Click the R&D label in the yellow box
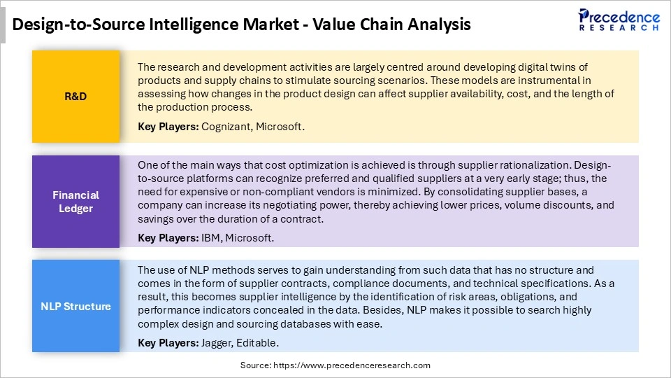click(75, 97)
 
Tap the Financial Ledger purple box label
click(75, 202)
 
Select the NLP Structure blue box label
click(75, 306)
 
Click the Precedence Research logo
click(619, 21)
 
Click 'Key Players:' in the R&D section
click(168, 127)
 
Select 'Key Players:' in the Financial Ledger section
click(168, 238)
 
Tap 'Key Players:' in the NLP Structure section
click(168, 343)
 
